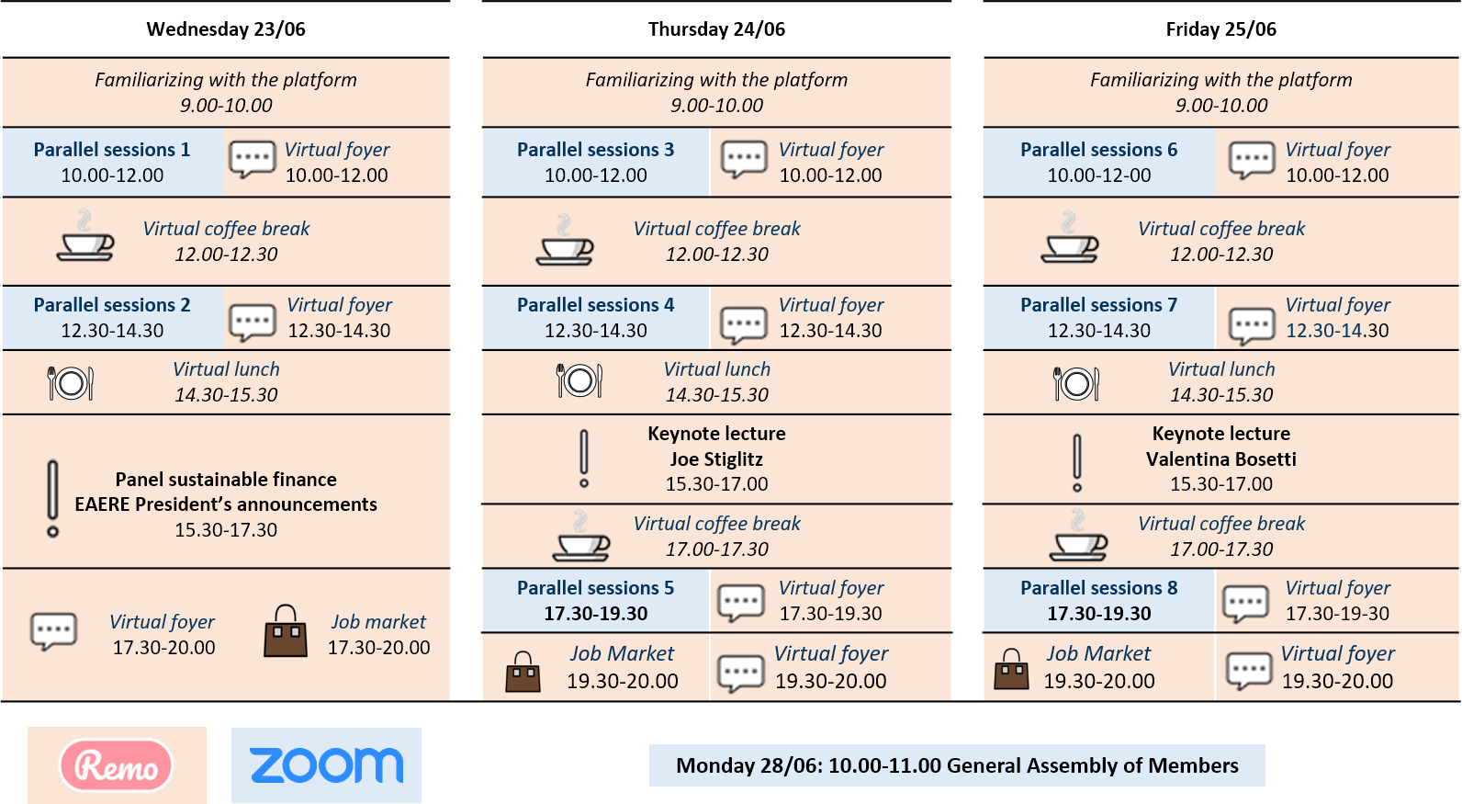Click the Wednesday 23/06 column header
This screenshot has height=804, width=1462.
pyautogui.click(x=226, y=29)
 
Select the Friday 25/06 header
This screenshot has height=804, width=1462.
pyautogui.click(x=1221, y=29)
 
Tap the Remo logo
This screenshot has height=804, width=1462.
pyautogui.click(x=117, y=764)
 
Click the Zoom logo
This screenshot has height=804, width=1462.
pyautogui.click(x=326, y=765)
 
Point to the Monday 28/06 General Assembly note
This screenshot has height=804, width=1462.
pyautogui.click(x=957, y=765)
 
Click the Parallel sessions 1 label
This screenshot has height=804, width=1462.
pyautogui.click(x=112, y=150)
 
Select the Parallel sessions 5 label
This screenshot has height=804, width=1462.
pyautogui.click(x=595, y=588)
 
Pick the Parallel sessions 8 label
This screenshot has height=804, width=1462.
pyautogui.click(x=1099, y=588)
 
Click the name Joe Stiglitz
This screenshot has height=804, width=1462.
pyautogui.click(x=716, y=459)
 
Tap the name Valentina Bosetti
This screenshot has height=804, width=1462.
pyautogui.click(x=1221, y=459)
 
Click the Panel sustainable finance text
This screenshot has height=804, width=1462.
pyautogui.click(x=226, y=480)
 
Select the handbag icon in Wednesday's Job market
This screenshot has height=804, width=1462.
pyautogui.click(x=286, y=631)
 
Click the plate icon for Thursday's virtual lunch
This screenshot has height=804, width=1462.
pyautogui.click(x=579, y=380)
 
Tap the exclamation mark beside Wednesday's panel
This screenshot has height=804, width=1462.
pyautogui.click(x=53, y=499)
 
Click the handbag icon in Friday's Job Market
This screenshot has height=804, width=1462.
pyautogui.click(x=1011, y=670)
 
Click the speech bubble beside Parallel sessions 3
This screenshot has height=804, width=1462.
pyautogui.click(x=744, y=159)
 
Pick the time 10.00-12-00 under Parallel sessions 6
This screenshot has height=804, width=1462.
pyautogui.click(x=1099, y=175)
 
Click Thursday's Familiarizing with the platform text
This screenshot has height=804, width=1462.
pyautogui.click(x=716, y=80)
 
